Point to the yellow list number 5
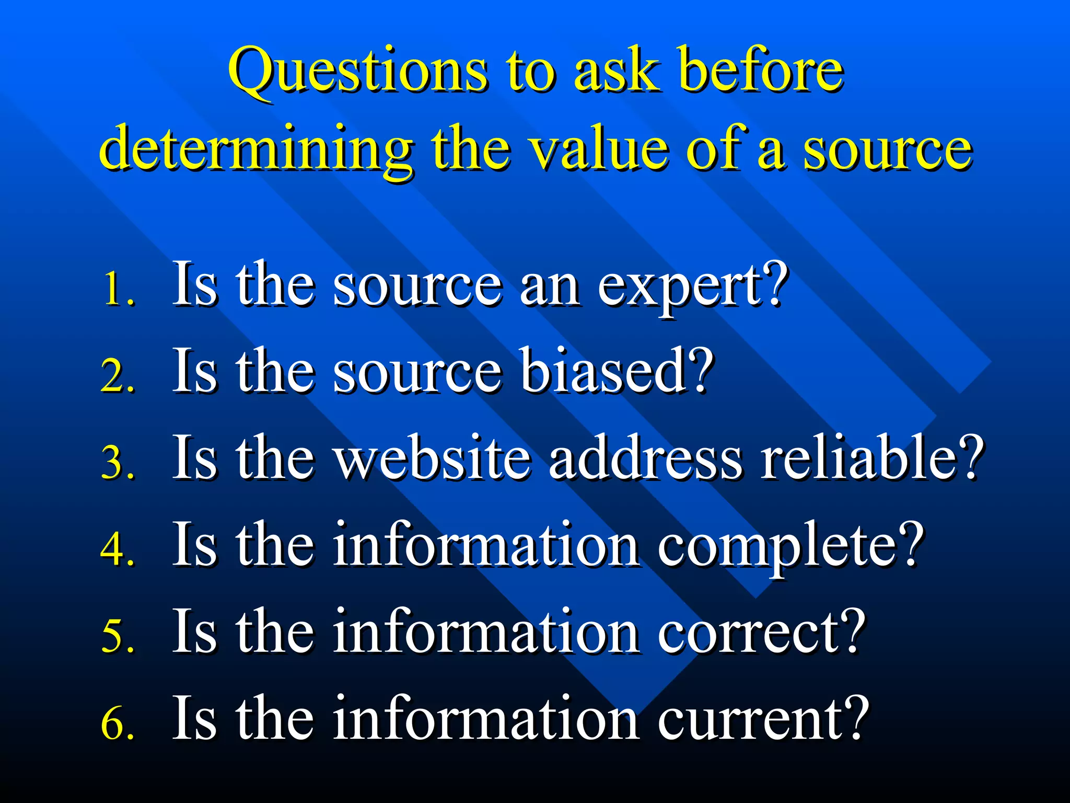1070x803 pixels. (x=117, y=636)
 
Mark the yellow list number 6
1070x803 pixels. (x=117, y=724)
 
